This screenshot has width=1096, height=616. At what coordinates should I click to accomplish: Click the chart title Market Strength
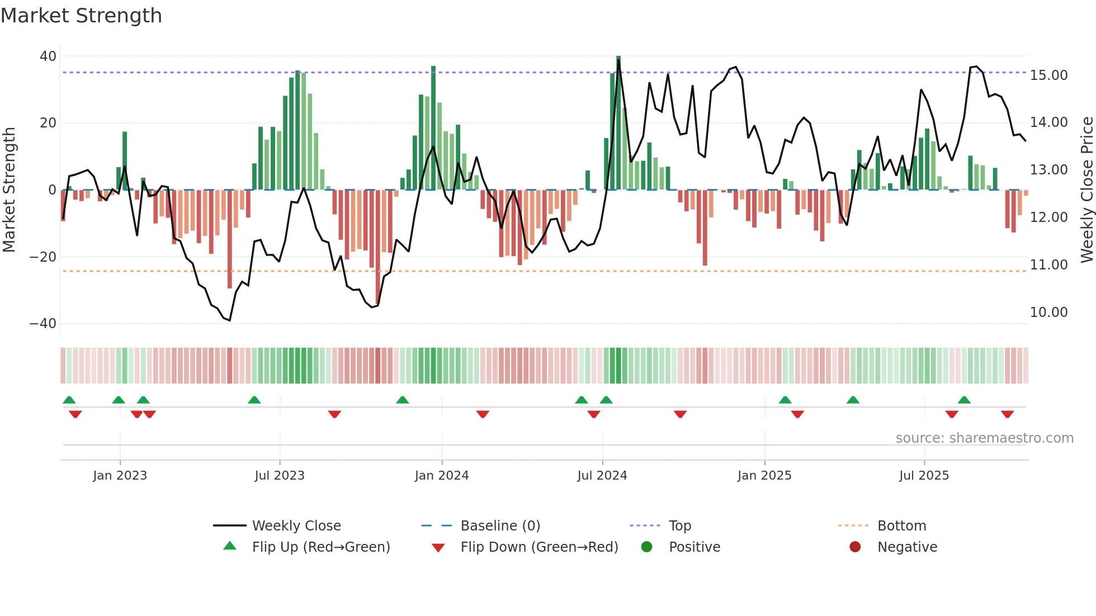coord(81,16)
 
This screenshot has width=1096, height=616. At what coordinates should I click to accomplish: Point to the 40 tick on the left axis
coord(48,56)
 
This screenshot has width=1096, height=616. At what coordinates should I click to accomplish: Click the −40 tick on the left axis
coord(43,324)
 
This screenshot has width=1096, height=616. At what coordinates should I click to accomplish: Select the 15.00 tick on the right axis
coord(1048,75)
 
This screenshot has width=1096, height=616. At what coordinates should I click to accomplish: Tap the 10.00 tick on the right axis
coord(1048,312)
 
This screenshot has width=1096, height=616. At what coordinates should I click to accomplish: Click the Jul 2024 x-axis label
coord(602,475)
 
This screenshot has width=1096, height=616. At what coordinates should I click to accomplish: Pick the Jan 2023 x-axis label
coord(120,475)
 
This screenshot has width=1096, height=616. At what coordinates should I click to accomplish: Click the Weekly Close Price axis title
coord(1086,190)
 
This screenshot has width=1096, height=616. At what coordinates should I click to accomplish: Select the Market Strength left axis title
coord(9,190)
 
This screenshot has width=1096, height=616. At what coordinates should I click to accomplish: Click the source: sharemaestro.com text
coord(984,438)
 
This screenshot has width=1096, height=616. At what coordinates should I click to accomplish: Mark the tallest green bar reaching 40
coord(618,123)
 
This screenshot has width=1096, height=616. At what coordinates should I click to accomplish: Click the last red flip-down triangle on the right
coord(1007,414)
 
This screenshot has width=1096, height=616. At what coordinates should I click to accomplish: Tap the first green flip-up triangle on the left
coord(69,400)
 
